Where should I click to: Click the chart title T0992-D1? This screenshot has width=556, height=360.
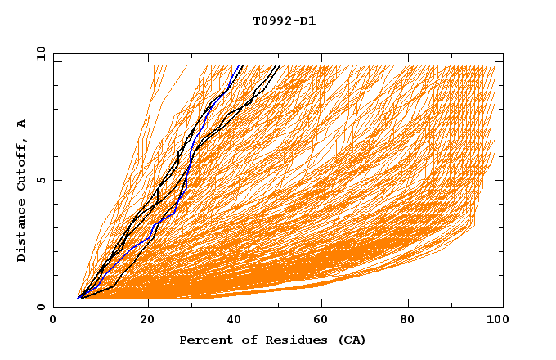click(284, 21)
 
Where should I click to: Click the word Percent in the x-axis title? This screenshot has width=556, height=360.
click(202, 340)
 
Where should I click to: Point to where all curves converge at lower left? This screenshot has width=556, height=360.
click(78, 298)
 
